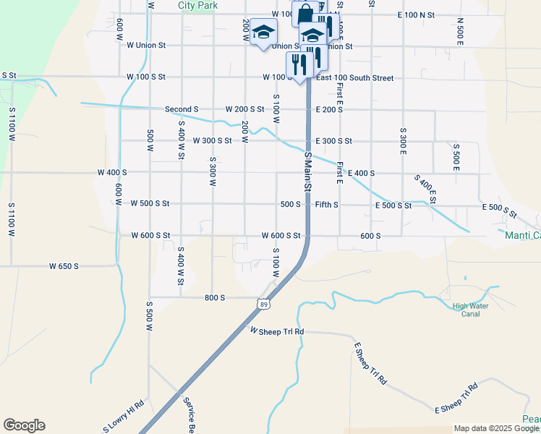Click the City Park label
click(197, 5)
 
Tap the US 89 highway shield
click(265, 305)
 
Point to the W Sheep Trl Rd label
click(277, 331)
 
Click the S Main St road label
click(307, 172)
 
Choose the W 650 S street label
click(64, 266)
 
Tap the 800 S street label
click(215, 297)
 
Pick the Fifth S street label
click(327, 205)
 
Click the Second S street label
click(182, 109)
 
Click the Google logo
click(24, 425)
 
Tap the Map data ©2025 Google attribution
click(496, 428)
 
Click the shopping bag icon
click(305, 14)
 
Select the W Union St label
click(146, 45)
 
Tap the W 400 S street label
click(112, 173)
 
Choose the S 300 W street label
click(213, 171)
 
